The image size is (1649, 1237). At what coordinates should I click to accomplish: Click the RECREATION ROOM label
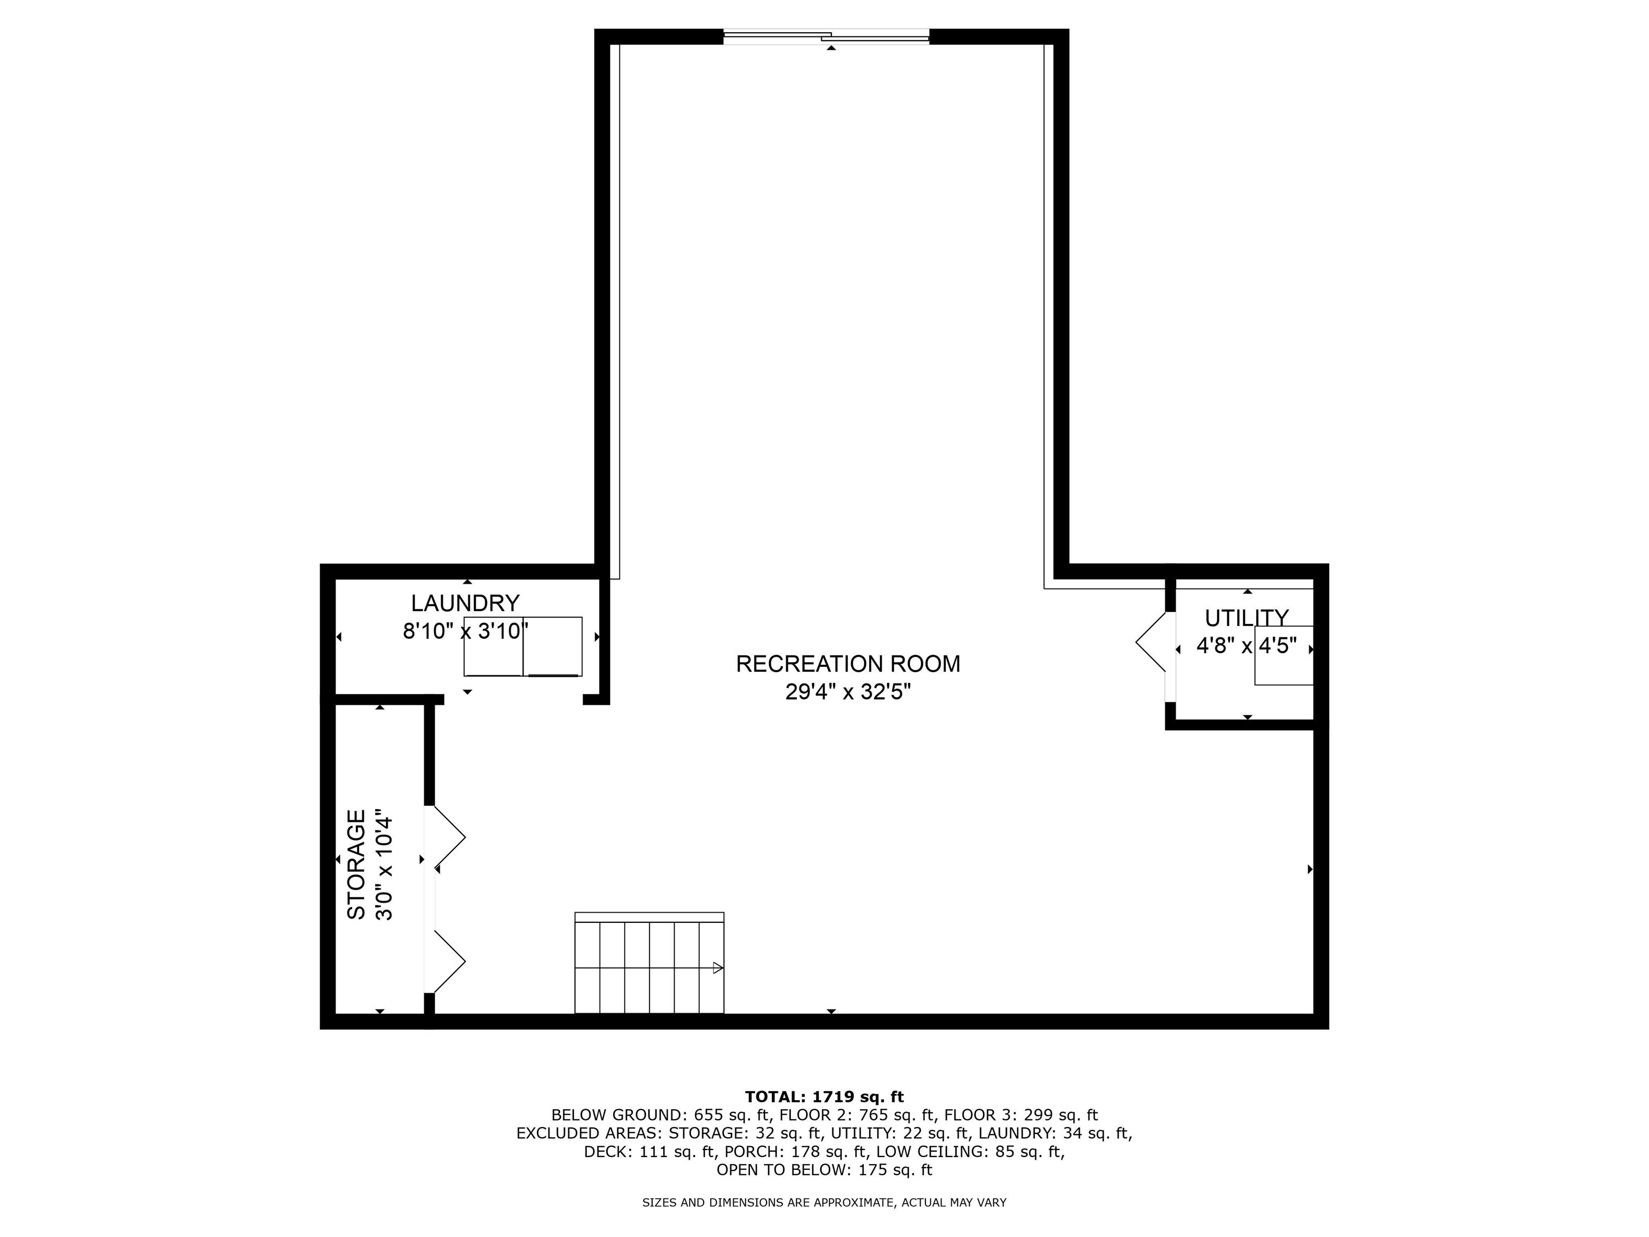coord(848,664)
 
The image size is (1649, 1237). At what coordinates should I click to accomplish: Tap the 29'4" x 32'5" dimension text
coord(848,692)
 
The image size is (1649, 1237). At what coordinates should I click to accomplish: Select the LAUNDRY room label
coord(465,602)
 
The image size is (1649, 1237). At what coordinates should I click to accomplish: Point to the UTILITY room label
coord(1246,618)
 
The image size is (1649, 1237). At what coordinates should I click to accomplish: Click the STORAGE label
coord(357,864)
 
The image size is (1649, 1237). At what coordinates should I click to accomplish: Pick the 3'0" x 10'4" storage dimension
coord(384,864)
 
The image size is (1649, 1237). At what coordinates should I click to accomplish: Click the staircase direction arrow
coord(717,968)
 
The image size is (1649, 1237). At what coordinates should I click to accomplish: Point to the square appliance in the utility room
coord(1283,656)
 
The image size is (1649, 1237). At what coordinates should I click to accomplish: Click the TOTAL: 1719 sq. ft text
coord(824,1097)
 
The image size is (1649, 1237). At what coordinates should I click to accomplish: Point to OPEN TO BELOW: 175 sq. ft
coord(824,1170)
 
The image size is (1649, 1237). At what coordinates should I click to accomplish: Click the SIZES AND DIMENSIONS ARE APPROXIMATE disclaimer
coord(824,1203)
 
